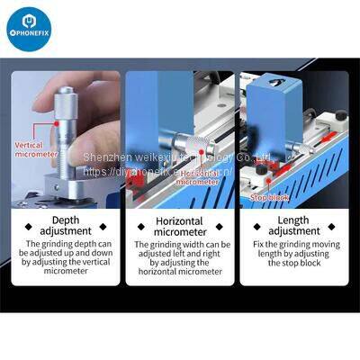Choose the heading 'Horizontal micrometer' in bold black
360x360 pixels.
point(179,225)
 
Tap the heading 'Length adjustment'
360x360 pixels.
point(293,225)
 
